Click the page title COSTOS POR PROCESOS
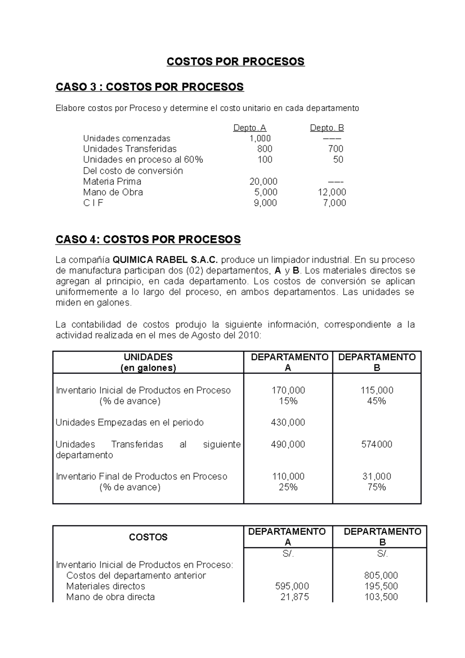click(x=236, y=62)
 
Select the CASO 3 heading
click(x=150, y=87)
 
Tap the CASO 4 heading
click(x=148, y=239)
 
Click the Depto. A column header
click(x=250, y=128)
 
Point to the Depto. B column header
click(x=327, y=128)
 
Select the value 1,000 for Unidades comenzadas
click(x=260, y=138)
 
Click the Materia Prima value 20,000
click(x=263, y=181)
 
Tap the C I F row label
click(x=93, y=203)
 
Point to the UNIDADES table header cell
click(x=148, y=362)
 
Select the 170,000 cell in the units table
click(x=288, y=390)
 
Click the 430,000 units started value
click(x=288, y=422)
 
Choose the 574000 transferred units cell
click(x=377, y=444)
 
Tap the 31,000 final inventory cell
click(x=377, y=476)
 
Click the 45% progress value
click(x=377, y=401)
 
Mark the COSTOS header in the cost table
click(x=148, y=537)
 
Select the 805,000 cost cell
click(x=381, y=575)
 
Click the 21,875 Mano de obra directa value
click(x=294, y=597)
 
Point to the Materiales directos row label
click(x=106, y=586)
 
